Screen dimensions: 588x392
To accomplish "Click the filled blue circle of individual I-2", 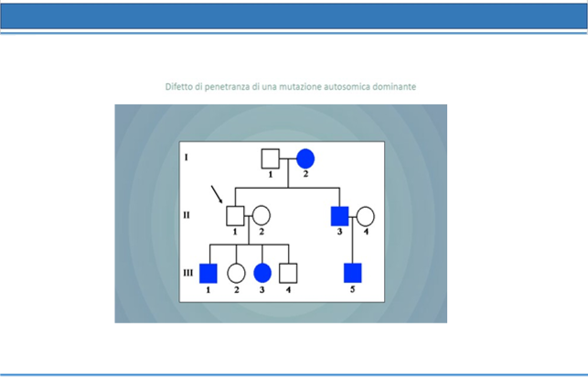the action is click(305, 158).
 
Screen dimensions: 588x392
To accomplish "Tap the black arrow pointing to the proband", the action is click(217, 194).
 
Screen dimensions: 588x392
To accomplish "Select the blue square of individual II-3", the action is click(340, 216).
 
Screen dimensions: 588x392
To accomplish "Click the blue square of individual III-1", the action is click(208, 273).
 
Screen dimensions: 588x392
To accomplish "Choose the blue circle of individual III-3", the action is click(262, 273).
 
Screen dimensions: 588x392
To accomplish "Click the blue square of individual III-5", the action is click(353, 273).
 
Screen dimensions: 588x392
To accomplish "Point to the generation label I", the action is click(186, 158).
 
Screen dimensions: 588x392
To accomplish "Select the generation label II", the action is click(187, 215).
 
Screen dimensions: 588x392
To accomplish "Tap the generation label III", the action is click(187, 273).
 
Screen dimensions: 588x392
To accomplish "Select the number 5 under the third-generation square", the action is click(352, 289).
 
